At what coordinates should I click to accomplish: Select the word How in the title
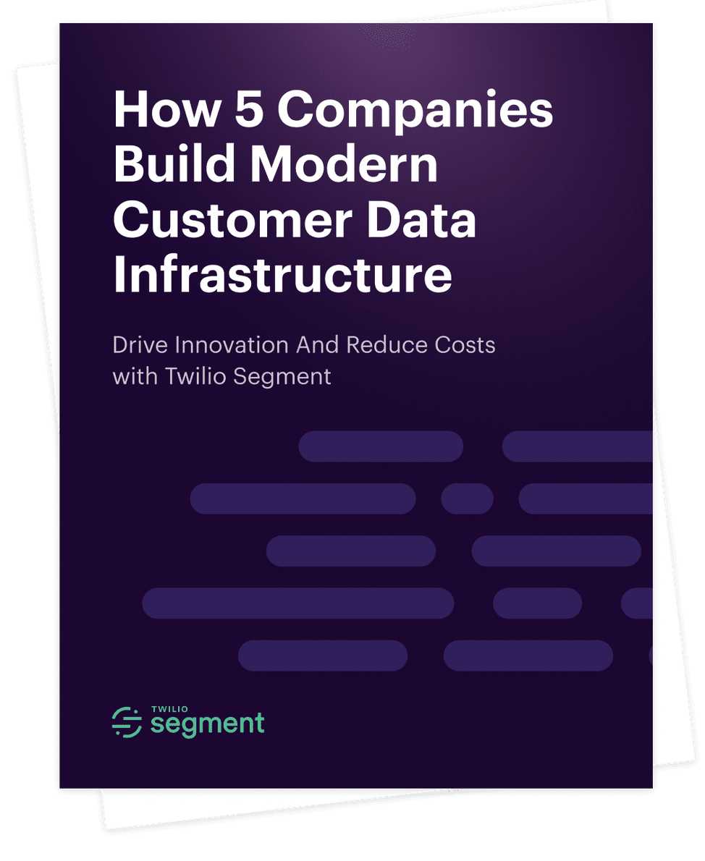click(166, 110)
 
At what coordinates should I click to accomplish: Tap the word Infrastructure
click(283, 275)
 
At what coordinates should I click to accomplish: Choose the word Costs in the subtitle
click(462, 344)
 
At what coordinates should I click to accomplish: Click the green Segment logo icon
click(127, 722)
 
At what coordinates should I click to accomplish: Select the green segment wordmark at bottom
click(207, 724)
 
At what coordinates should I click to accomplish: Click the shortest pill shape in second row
click(467, 499)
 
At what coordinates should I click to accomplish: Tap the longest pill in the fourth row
click(297, 603)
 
